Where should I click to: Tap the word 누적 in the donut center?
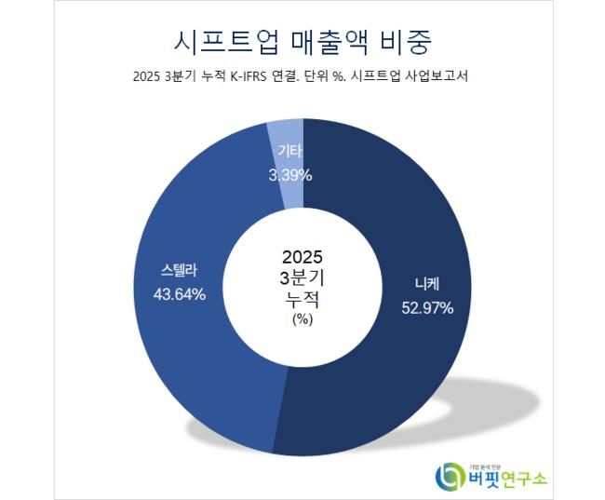(302, 300)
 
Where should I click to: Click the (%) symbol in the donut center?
(302, 319)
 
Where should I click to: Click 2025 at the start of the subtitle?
(150, 78)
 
